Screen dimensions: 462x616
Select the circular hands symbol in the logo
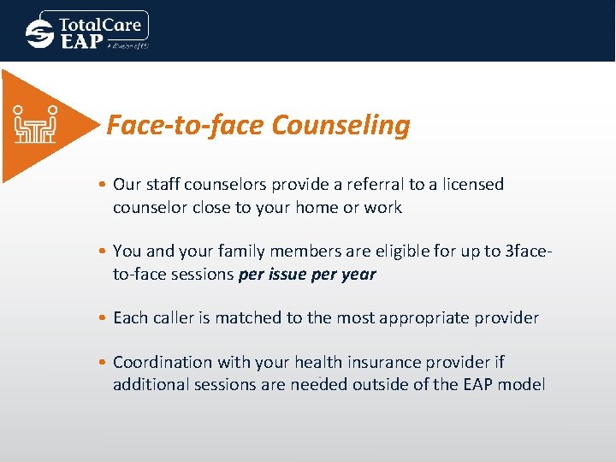pos(39,33)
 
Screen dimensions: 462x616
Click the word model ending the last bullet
pos(520,385)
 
